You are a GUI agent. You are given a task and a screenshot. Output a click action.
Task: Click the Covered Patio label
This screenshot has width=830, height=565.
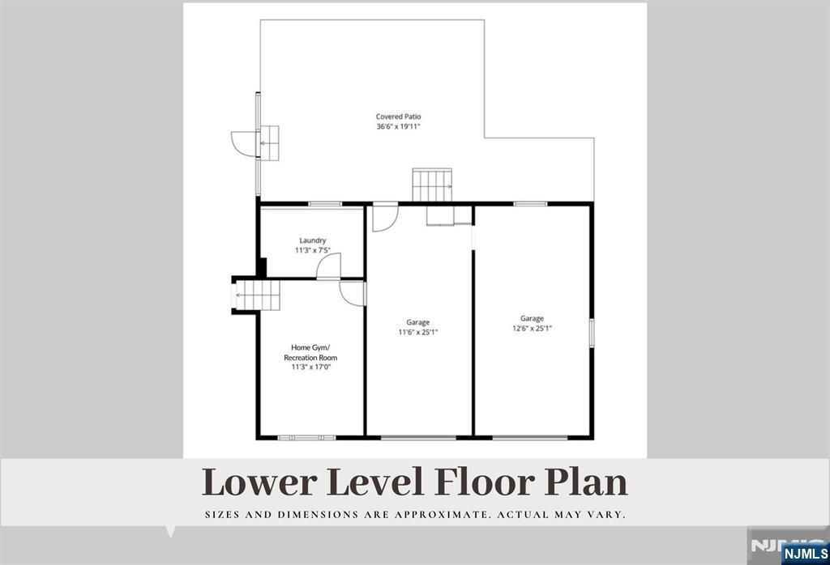click(399, 117)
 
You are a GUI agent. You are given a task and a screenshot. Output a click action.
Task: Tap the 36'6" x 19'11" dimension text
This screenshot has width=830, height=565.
click(399, 126)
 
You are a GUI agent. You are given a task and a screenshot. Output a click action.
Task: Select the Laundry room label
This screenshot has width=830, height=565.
click(312, 240)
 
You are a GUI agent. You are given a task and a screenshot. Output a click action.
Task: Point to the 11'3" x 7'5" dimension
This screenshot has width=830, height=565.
click(312, 250)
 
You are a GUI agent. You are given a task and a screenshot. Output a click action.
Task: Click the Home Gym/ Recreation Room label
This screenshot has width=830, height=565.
click(310, 352)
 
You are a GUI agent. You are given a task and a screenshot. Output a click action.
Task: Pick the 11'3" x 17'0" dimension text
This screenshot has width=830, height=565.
click(310, 367)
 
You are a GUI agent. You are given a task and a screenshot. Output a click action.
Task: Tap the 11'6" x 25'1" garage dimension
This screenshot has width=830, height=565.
click(418, 333)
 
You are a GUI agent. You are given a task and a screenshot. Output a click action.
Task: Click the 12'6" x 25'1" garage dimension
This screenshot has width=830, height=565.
click(532, 328)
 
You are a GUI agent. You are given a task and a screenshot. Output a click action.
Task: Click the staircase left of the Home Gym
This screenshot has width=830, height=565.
click(257, 295)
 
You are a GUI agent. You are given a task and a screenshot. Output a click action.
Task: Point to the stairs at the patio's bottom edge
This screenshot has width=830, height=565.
click(433, 185)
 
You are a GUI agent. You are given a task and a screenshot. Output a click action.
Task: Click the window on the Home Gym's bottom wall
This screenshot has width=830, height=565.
click(307, 438)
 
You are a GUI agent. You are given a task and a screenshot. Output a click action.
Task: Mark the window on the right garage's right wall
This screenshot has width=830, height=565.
click(592, 333)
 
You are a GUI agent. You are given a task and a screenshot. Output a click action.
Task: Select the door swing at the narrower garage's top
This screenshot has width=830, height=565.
click(385, 218)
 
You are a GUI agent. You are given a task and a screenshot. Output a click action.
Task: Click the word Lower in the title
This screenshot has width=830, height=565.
click(259, 482)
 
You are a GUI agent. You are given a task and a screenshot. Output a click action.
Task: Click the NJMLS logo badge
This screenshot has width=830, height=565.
click(805, 554)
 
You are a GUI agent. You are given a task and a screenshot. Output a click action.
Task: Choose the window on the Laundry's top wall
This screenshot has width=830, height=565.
click(325, 203)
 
